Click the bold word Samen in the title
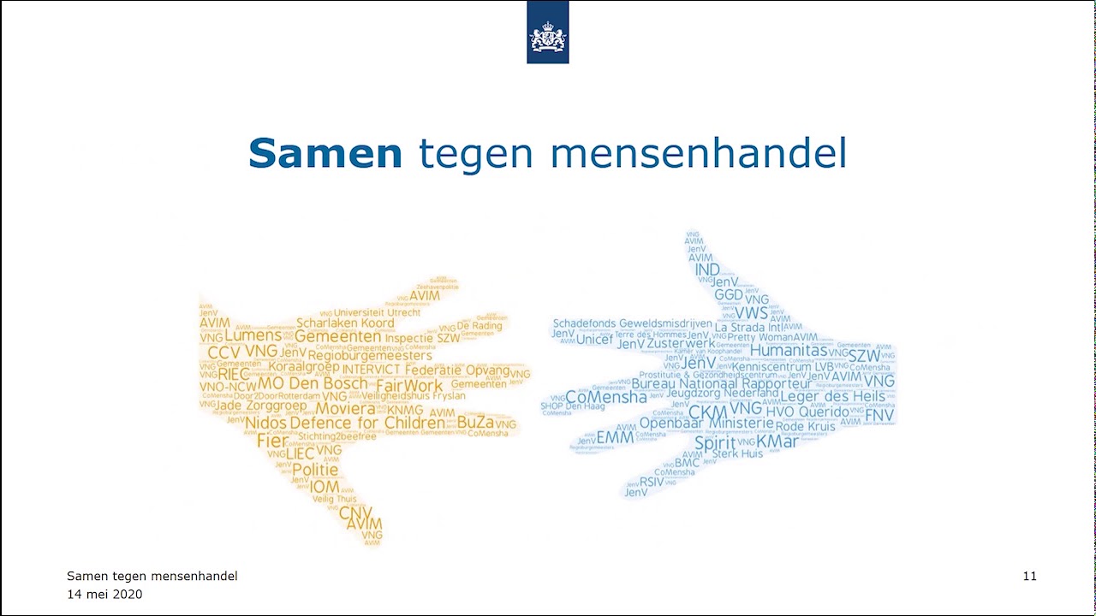[325, 154]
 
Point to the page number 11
[1029, 577]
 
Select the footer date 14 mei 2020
[104, 595]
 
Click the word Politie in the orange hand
[315, 470]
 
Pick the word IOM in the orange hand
[325, 487]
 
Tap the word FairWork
[409, 386]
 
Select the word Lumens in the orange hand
[253, 335]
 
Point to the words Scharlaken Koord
[345, 323]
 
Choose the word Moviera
[346, 409]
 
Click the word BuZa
[475, 423]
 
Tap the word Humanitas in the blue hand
[789, 350]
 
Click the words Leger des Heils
[832, 396]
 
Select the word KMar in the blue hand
[777, 441]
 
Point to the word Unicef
[594, 340]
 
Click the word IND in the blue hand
[707, 270]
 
